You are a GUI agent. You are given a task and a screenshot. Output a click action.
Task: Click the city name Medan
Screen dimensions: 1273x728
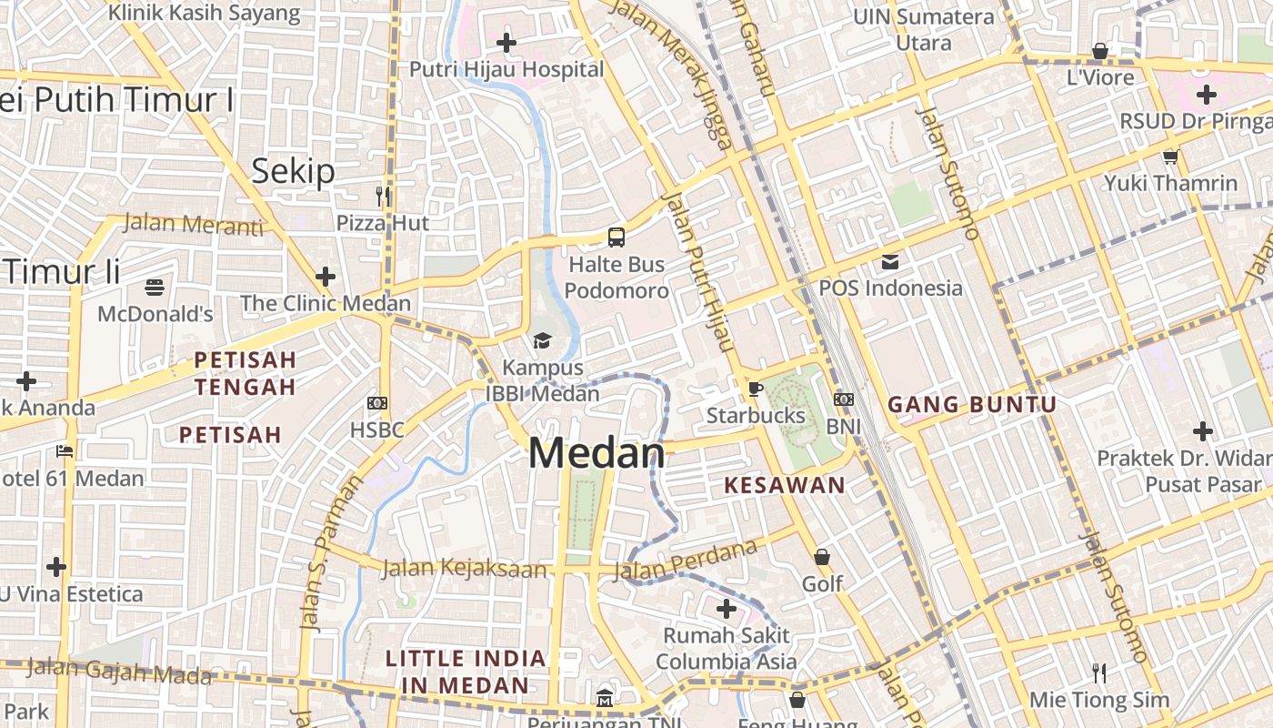tap(596, 453)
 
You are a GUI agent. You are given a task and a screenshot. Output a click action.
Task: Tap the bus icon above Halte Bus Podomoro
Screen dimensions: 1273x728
tap(616, 238)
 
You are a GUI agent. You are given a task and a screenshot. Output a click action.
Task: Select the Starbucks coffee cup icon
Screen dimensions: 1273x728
tap(755, 389)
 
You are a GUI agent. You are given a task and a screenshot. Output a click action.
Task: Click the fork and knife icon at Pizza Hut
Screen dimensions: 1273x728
tap(383, 196)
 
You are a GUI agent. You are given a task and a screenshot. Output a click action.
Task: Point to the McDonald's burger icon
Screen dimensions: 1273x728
tap(155, 288)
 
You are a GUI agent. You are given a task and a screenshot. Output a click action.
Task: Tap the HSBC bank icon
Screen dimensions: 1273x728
tap(377, 403)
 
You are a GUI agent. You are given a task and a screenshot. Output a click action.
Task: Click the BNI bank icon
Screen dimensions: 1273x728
tap(844, 399)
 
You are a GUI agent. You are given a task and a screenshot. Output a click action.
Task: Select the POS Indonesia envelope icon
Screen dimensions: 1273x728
tap(890, 262)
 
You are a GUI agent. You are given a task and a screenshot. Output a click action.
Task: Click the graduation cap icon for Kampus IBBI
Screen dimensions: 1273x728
tap(542, 341)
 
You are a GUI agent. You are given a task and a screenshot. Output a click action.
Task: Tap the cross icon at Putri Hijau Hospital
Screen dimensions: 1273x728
tap(506, 43)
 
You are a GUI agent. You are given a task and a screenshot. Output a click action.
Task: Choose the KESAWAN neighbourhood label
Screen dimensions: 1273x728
tap(785, 485)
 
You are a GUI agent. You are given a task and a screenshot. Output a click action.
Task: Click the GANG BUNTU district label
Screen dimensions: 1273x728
tap(972, 405)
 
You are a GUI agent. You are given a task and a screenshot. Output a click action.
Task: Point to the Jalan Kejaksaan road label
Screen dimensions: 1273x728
tap(464, 569)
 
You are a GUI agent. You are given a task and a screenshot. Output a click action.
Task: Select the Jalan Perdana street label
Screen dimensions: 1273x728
tap(686, 560)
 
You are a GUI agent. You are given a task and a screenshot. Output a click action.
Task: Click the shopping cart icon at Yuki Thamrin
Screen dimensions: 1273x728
tap(1170, 157)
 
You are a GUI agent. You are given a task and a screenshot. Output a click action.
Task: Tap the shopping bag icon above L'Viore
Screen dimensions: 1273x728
tap(1100, 51)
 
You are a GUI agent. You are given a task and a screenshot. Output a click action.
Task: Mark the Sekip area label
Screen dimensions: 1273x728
tap(293, 171)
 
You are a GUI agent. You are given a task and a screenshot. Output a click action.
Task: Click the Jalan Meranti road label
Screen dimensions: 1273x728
tap(193, 224)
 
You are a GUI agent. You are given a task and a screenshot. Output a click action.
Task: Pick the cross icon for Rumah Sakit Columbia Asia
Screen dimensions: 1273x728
tap(726, 608)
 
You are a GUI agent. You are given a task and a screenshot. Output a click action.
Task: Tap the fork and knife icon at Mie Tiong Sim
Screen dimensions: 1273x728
tap(1099, 673)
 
